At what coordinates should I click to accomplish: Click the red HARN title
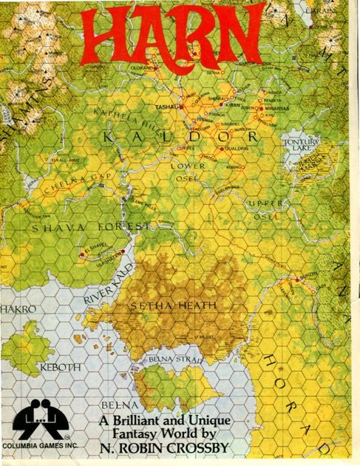[x=174, y=37]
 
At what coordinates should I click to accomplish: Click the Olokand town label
[x=140, y=67]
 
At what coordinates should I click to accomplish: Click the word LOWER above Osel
[x=189, y=166]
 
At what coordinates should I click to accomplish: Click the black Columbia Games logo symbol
[x=40, y=423]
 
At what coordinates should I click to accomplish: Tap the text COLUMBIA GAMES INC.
[x=38, y=447]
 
